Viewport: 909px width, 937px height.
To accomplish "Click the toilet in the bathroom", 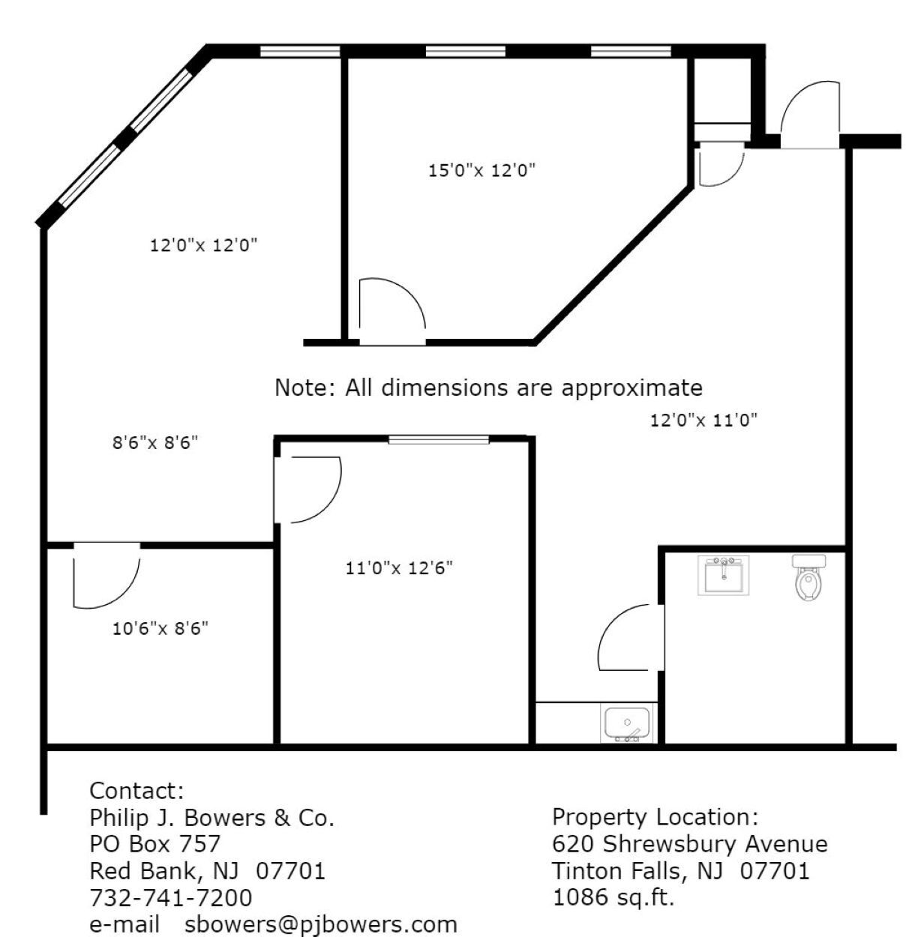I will (808, 578).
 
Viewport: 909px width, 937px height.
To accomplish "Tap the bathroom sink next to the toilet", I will (724, 575).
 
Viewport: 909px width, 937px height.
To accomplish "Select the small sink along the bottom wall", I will (628, 724).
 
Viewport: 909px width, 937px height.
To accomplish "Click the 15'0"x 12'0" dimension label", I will (481, 171).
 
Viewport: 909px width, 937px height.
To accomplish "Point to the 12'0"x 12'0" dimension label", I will (204, 245).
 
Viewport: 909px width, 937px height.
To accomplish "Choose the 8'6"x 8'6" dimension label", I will (155, 443).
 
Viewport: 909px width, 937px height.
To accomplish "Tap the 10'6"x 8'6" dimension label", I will (160, 628).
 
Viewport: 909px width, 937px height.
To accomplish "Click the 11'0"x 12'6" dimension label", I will (399, 568).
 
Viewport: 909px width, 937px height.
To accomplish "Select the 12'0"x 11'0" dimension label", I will (703, 421).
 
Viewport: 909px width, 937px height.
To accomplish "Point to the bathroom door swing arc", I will (628, 637).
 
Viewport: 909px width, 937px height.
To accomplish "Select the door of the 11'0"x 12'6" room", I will (307, 489).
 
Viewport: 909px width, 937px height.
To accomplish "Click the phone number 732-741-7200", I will (171, 897).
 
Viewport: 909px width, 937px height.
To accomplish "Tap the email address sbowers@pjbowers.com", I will (321, 924).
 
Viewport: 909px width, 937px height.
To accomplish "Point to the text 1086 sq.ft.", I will (613, 897).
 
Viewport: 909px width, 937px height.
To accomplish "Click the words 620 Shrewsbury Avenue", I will (690, 844).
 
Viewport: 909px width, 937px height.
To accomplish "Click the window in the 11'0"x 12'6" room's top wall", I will (439, 439).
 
